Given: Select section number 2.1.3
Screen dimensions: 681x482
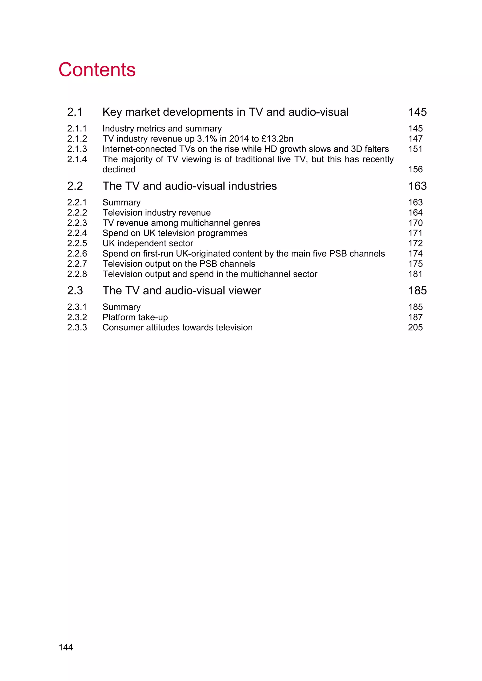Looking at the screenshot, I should pos(77,149).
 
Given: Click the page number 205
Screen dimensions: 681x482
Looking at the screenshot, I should pos(415,328).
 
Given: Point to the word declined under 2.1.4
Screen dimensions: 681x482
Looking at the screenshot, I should pos(119,169).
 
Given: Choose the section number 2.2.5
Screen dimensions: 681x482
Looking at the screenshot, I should pos(77,243).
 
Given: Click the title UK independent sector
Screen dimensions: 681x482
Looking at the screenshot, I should pos(148,243).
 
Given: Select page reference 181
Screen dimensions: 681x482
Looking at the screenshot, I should pos(415,274).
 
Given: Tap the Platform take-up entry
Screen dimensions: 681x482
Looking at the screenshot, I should pos(135,317).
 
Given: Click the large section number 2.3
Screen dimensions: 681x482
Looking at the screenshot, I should pos(75,291).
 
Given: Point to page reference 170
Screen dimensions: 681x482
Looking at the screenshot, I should pos(415,223).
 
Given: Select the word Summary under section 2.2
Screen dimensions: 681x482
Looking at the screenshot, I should pos(121,202).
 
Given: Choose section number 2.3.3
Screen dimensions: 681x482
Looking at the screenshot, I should pos(77,328).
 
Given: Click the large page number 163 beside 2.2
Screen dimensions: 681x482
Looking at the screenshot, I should pos(417,186).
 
